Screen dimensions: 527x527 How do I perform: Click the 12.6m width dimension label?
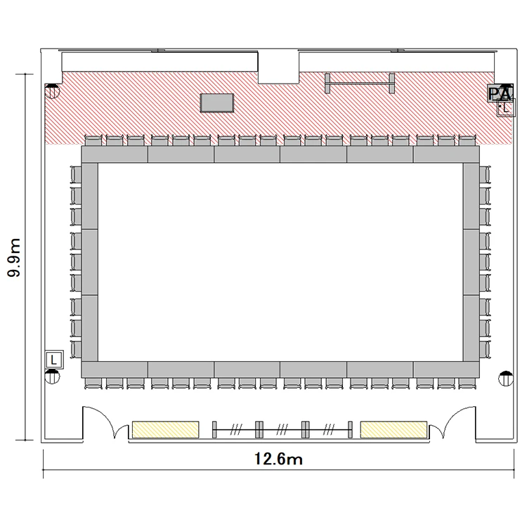point(278,459)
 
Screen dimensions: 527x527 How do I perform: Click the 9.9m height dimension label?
point(14,257)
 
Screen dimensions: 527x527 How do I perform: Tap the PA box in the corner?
point(500,93)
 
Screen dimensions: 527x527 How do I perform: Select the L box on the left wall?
point(54,360)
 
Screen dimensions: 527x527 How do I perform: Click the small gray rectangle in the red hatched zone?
point(217,103)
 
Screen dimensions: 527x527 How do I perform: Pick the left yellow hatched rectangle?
point(165,429)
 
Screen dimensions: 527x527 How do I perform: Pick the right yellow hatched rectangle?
point(393,429)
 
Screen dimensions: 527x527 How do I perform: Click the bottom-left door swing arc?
point(107,416)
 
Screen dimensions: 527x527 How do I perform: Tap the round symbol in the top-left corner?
point(52,91)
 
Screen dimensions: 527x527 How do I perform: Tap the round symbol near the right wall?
point(506,379)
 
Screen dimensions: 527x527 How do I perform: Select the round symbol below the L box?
point(52,377)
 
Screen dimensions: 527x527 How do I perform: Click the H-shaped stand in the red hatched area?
point(360,83)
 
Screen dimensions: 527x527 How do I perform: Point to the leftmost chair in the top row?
point(93,140)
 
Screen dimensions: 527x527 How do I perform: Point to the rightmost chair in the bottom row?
point(467,384)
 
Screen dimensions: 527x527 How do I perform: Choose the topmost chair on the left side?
point(76,174)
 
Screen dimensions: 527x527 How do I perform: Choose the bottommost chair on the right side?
point(485,350)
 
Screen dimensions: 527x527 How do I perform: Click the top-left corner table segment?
point(115,155)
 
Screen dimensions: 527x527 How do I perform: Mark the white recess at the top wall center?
point(278,67)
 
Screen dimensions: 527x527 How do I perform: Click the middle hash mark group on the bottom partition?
point(282,429)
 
